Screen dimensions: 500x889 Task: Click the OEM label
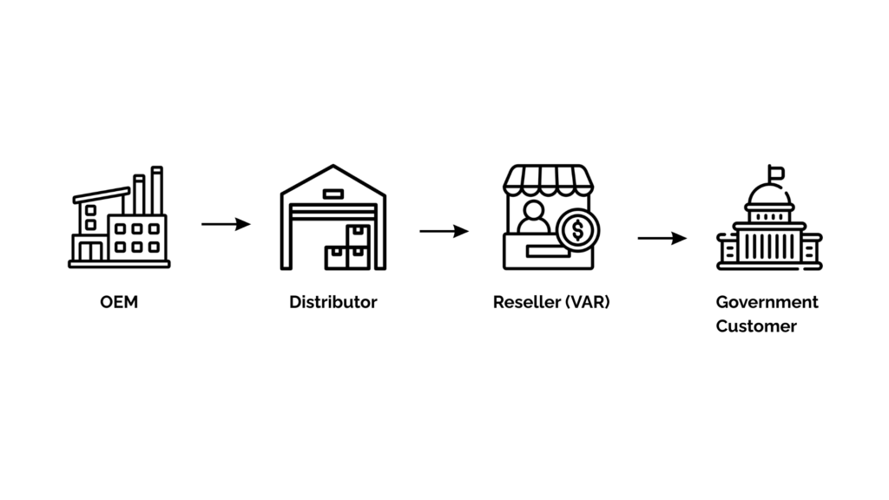[x=119, y=303]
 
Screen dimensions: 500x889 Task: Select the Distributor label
[x=333, y=303]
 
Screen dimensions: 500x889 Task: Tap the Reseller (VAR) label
[x=551, y=303]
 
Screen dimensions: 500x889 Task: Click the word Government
[x=767, y=302]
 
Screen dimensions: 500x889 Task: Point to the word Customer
[x=756, y=326]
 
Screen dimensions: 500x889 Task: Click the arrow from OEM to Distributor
[x=226, y=224]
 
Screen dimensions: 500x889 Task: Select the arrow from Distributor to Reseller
[x=444, y=231]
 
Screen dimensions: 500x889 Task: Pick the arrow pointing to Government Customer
[x=662, y=238]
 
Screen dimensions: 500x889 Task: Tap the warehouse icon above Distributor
[x=333, y=218]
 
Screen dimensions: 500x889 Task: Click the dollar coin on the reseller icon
[x=577, y=231]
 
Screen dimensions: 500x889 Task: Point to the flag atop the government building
[x=775, y=172]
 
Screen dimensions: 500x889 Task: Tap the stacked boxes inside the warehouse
[x=347, y=248]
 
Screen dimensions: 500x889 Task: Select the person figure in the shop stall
[x=533, y=218]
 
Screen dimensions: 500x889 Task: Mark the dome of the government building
[x=769, y=195]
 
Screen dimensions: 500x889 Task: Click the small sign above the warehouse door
[x=333, y=194]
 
